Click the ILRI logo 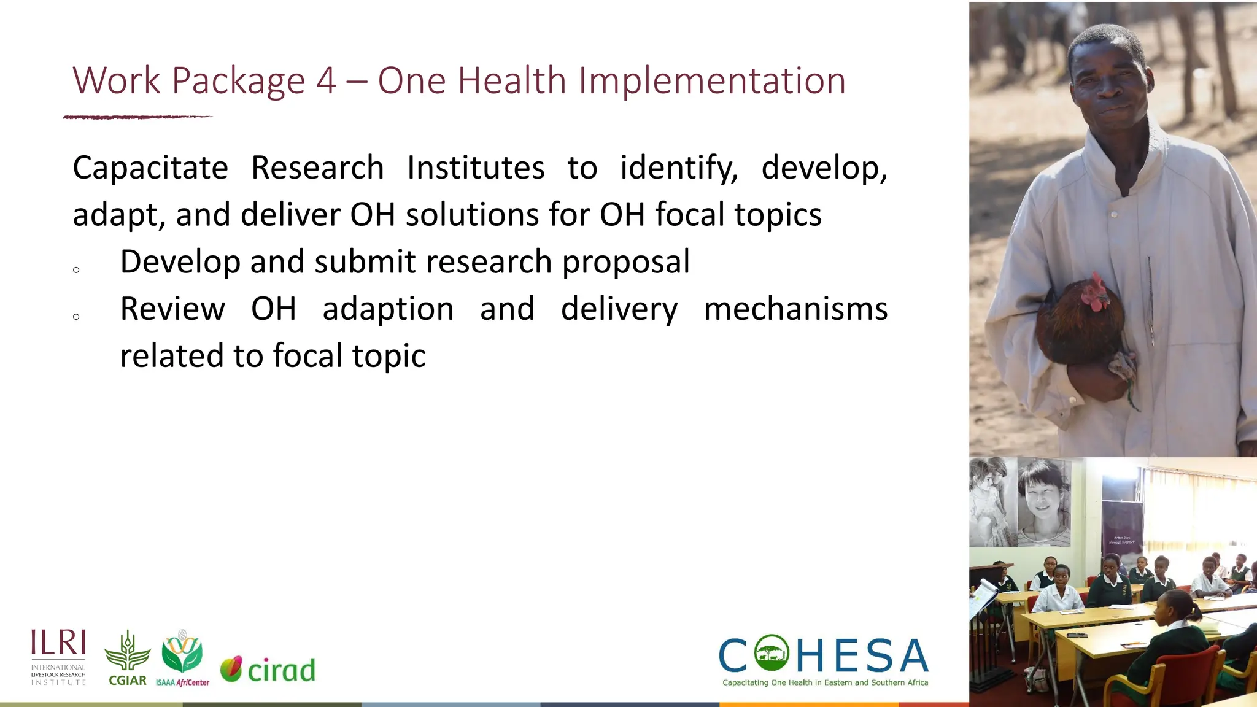[58, 657]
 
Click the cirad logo [268, 670]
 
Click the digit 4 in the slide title [326, 81]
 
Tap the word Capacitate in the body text [150, 168]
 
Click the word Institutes [476, 168]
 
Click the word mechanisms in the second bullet [795, 309]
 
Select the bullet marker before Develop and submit [76, 270]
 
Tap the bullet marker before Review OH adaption [76, 317]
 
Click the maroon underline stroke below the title [137, 117]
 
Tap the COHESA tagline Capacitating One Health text [825, 682]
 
